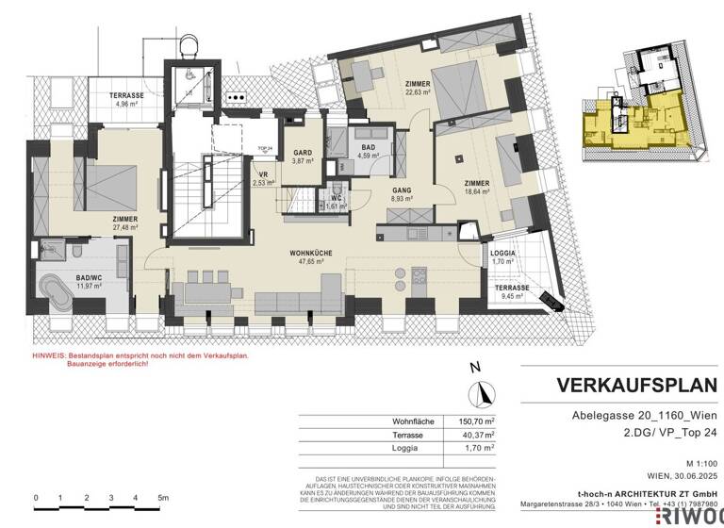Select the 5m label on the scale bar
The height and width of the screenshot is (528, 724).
pyautogui.click(x=162, y=497)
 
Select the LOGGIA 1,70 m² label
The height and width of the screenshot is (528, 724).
pyautogui.click(x=502, y=256)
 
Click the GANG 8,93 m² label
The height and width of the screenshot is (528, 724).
pyautogui.click(x=403, y=194)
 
